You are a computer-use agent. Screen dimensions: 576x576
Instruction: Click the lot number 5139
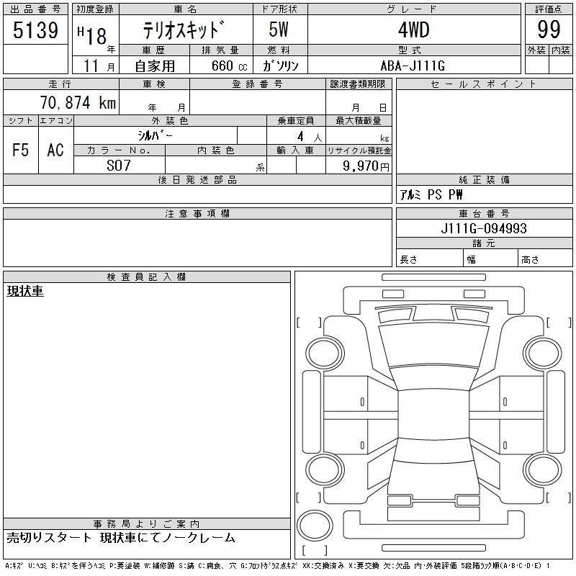[x=35, y=30]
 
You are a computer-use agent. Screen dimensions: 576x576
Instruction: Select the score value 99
[x=549, y=30]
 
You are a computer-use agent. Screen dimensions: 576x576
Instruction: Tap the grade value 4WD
[x=414, y=30]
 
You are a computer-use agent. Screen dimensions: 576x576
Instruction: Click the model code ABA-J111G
[x=413, y=66]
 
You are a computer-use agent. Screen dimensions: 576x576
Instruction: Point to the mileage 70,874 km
[x=78, y=102]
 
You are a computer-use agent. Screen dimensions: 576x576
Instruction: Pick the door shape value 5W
[x=279, y=30]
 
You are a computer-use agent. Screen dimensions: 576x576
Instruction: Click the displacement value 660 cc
[x=229, y=66]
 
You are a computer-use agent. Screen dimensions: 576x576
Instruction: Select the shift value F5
[x=21, y=150]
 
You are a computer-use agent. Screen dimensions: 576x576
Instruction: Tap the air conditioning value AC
[x=55, y=150]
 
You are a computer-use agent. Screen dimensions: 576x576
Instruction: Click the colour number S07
[x=119, y=166]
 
